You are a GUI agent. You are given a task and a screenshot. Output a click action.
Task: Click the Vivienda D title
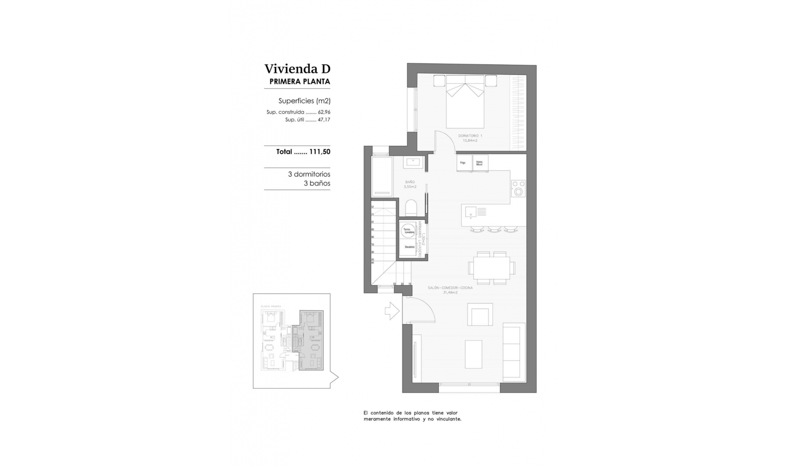[297, 68]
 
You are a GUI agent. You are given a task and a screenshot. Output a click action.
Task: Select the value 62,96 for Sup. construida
[324, 112]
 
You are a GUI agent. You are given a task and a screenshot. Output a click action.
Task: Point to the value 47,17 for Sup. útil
[324, 120]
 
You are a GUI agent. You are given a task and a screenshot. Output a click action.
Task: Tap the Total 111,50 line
[303, 152]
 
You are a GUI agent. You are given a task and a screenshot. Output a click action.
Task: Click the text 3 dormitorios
[309, 175]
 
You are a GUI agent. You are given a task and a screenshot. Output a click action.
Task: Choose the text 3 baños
[316, 184]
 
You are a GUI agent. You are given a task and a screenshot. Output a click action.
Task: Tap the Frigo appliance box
[464, 163]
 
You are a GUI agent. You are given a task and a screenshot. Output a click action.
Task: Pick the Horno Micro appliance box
[480, 163]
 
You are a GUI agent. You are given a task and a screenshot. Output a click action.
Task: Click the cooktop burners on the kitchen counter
[519, 188]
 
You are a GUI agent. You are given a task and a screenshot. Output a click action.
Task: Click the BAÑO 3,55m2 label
[410, 184]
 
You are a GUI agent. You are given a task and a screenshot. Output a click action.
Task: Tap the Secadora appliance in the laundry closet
[409, 247]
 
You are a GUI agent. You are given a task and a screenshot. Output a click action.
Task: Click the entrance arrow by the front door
[391, 311]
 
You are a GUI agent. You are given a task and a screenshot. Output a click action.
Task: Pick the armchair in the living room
[480, 315]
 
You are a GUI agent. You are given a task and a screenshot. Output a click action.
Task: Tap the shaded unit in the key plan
[312, 340]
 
